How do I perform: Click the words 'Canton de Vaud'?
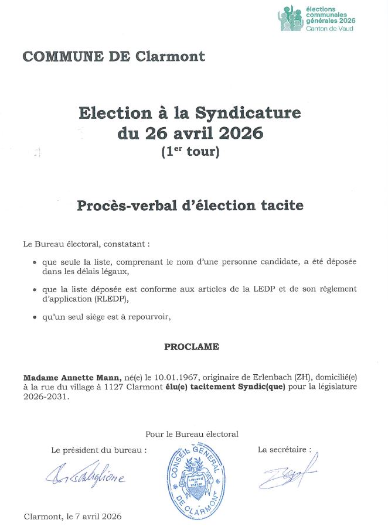[x=330, y=28]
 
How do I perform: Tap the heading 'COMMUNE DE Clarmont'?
[x=114, y=57]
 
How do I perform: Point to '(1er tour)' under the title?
[x=190, y=152]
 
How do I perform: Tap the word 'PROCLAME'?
[x=192, y=347]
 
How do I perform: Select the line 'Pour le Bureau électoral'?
[x=192, y=434]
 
